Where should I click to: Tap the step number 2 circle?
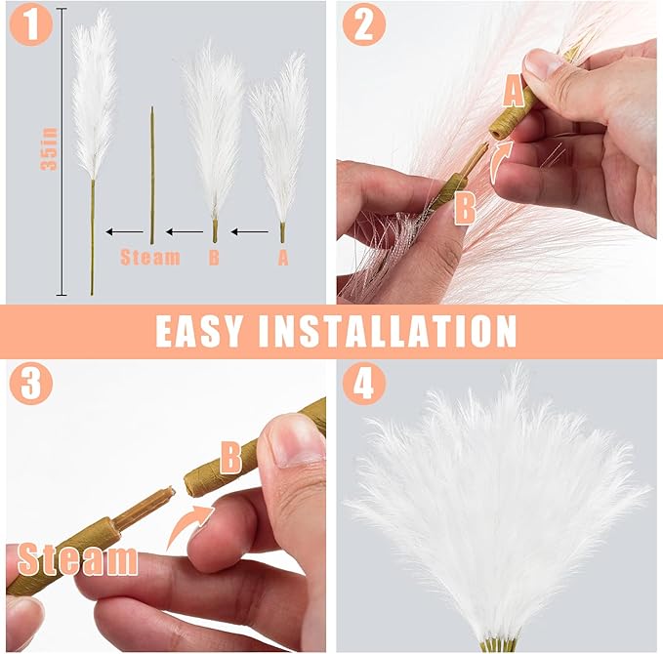point(362,25)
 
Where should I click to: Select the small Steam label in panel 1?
point(150,258)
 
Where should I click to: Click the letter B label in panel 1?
point(214,258)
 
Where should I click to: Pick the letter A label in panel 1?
point(282,258)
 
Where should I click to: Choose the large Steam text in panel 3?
point(78,559)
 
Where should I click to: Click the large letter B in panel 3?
point(231,456)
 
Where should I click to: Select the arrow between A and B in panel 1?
point(249,232)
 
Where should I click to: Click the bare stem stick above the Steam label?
point(151,176)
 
